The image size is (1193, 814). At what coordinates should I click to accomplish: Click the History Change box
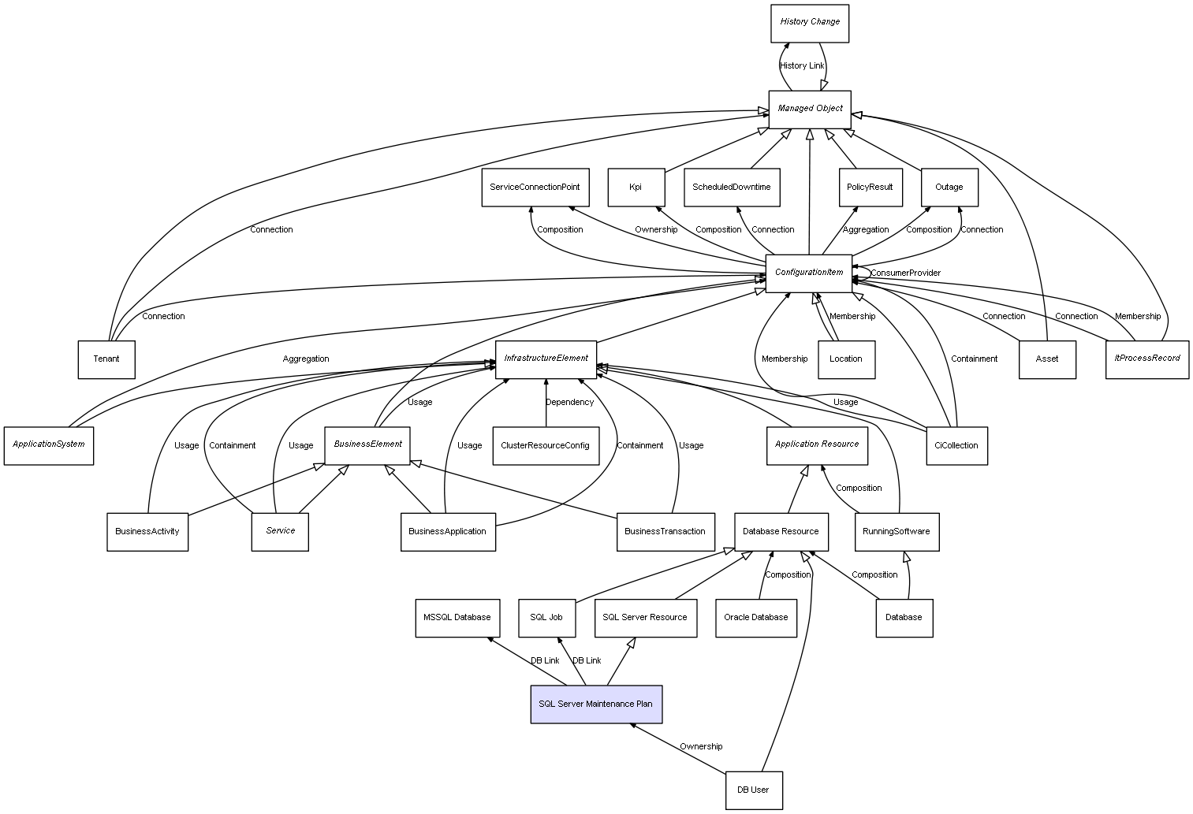coord(810,23)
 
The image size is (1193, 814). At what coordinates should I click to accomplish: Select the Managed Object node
coord(810,109)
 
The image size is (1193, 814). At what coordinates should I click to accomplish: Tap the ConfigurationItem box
coord(809,273)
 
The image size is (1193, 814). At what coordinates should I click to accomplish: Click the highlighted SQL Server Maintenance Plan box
coord(596,704)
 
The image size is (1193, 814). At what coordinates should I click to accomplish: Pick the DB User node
coord(753,790)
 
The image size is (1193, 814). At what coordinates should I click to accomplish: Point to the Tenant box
coord(106,359)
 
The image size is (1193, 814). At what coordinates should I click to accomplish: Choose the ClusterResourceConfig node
coord(545,445)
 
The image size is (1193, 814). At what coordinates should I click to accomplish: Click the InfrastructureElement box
coord(546,359)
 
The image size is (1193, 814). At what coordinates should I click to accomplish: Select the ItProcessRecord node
coord(1146,359)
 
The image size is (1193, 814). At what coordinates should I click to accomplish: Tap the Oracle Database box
coord(755,617)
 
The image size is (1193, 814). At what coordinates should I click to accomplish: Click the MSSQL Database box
coord(457,617)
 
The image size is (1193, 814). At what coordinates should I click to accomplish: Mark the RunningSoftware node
coord(896,531)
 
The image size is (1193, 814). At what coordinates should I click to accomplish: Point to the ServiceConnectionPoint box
coord(535,188)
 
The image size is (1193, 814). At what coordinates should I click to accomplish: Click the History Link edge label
coord(802,65)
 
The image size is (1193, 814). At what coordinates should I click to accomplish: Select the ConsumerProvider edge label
coord(905,273)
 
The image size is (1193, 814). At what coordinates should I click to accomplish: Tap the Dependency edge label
coord(569,402)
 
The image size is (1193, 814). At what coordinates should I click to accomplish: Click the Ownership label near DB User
coord(701,746)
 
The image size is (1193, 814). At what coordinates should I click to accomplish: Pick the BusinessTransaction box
coord(665,531)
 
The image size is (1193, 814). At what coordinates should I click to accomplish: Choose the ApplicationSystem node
coord(49,444)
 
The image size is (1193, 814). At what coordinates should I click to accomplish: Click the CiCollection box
coord(956,445)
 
